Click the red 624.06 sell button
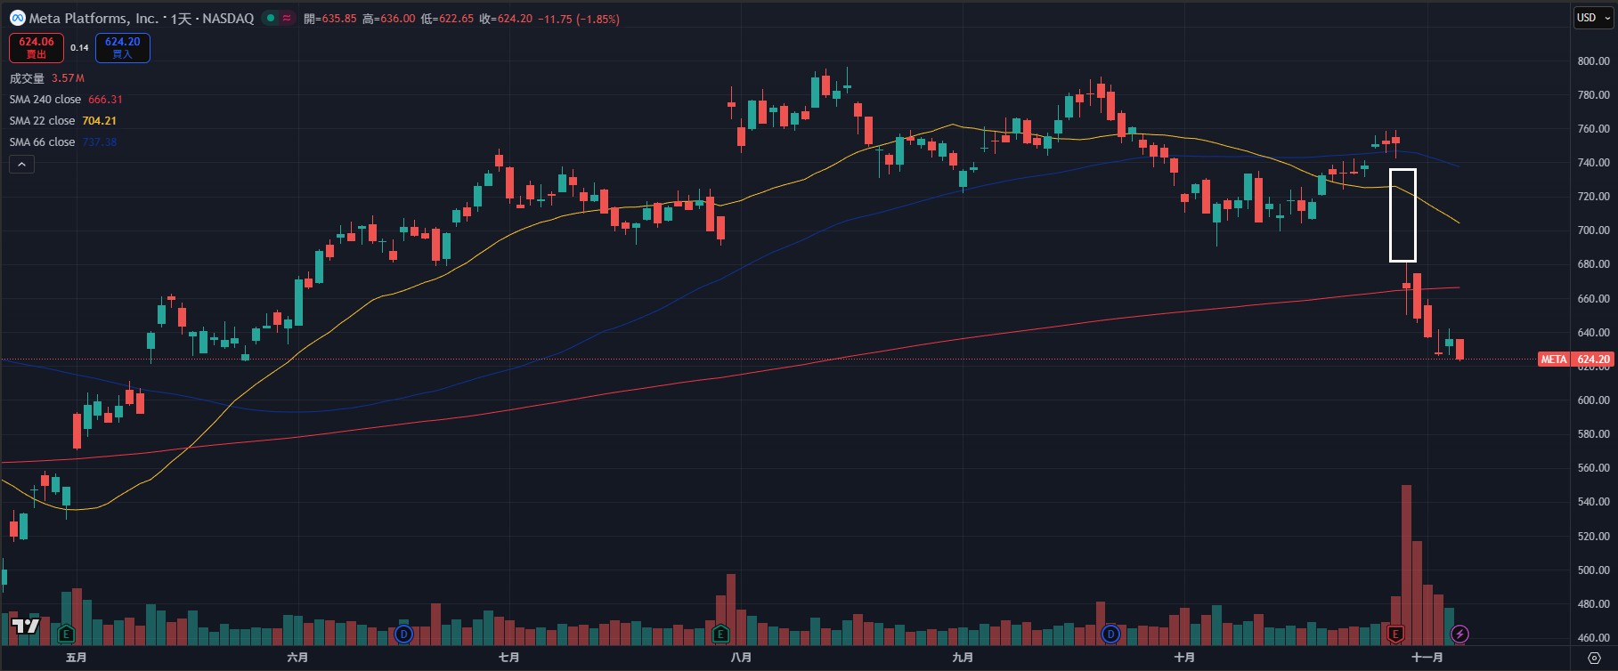coord(37,47)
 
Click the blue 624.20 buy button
coord(122,47)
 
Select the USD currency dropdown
coord(1592,18)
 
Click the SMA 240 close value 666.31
coord(105,100)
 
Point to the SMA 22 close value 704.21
coord(99,121)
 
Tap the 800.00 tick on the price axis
coord(1593,61)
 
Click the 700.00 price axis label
coord(1593,230)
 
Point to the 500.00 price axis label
coord(1593,570)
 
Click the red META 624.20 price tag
coord(1575,360)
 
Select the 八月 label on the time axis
coord(740,658)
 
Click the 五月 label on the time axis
coord(77,658)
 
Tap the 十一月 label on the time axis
coord(1427,658)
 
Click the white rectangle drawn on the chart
coord(1403,171)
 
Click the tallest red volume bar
coord(1406,561)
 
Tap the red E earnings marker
coord(1395,634)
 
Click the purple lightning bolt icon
coord(1459,634)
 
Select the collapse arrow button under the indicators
coord(21,164)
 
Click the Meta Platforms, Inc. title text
coord(94,18)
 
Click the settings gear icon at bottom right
coord(1594,658)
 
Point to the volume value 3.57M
coord(68,78)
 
